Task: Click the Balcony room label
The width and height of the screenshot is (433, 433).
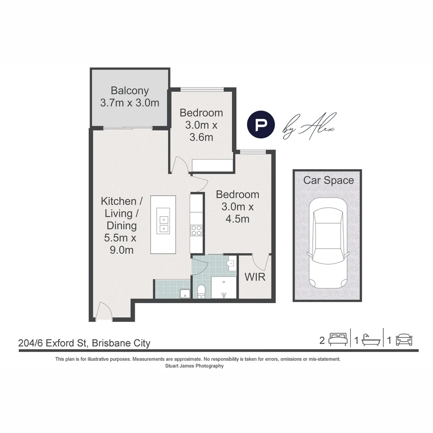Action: [129, 91]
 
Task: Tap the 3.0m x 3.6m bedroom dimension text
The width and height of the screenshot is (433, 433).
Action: [201, 131]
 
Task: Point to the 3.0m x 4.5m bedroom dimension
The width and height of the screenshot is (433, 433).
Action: [237, 213]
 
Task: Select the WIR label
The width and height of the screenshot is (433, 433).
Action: [255, 277]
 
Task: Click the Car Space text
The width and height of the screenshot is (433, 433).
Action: [328, 180]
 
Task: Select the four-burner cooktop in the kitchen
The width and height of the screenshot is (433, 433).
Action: [196, 231]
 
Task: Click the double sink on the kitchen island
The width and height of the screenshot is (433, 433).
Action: [164, 225]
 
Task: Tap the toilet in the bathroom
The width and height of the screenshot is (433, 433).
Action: [201, 291]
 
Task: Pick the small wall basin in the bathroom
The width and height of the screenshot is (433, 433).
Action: [230, 263]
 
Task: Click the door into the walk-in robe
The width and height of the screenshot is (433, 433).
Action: [260, 262]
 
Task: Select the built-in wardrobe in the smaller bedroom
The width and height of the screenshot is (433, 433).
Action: [212, 165]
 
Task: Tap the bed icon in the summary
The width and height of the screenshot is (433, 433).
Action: [338, 340]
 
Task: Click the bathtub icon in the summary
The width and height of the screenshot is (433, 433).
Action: [370, 340]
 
